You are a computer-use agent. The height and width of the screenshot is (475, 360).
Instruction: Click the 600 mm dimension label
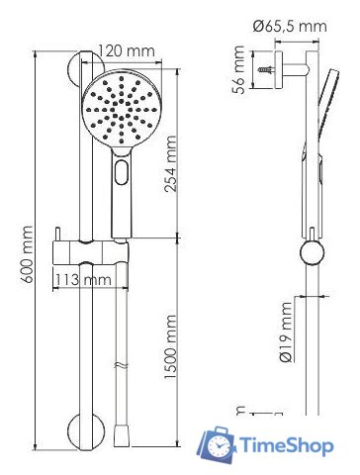click(x=26, y=254)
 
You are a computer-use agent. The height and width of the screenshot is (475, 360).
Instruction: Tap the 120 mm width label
click(x=127, y=51)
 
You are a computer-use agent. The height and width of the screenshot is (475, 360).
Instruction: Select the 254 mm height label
click(x=170, y=163)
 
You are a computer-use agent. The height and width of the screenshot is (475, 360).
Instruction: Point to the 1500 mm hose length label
click(x=170, y=347)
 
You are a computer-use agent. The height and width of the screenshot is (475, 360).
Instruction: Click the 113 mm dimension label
click(x=83, y=280)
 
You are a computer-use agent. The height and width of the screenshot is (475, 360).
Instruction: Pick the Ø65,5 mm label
click(x=290, y=26)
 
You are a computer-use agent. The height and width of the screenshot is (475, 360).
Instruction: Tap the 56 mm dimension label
click(x=238, y=69)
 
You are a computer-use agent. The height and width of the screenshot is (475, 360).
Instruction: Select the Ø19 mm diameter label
click(x=285, y=332)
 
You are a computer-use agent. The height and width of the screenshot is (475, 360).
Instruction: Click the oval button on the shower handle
click(x=122, y=171)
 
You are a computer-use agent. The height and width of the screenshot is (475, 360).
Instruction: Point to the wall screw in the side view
click(x=266, y=69)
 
